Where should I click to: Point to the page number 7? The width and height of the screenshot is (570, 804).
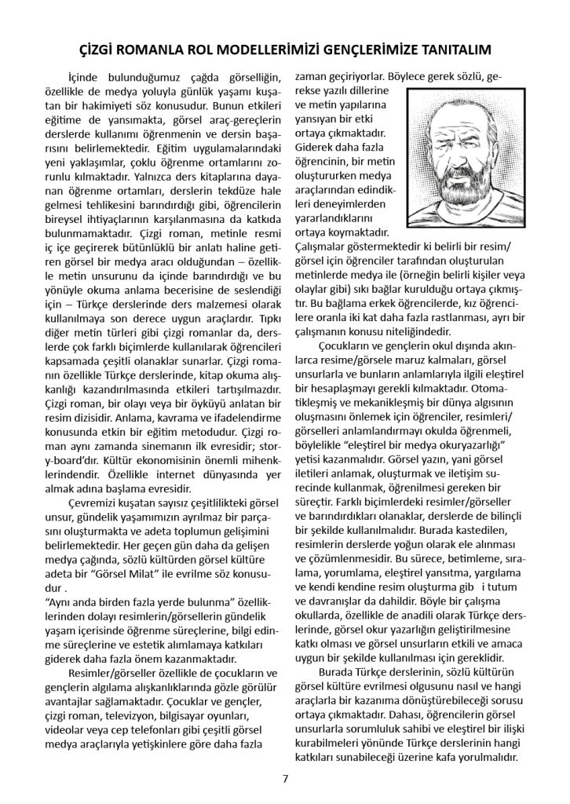click(x=285, y=779)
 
